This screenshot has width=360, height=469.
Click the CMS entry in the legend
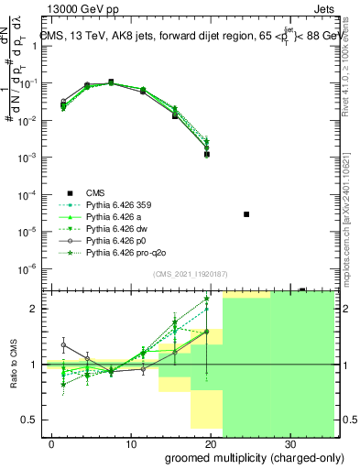[96, 192]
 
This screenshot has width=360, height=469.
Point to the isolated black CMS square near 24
[246, 214]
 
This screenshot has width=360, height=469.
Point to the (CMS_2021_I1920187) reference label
[189, 273]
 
